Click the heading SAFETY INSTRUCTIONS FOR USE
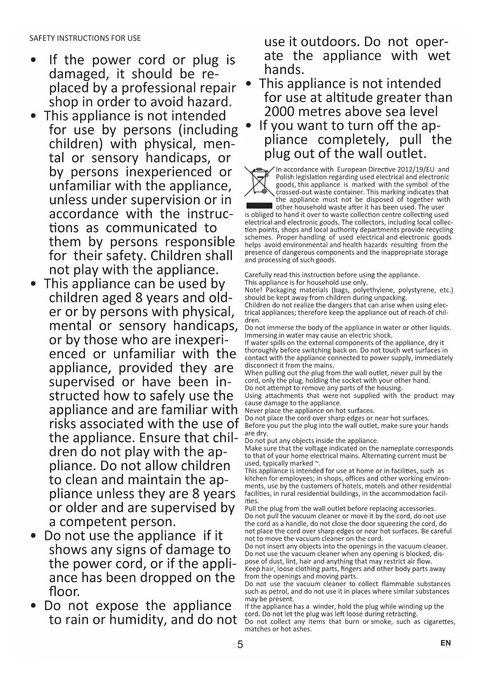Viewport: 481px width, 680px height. [x=85, y=38]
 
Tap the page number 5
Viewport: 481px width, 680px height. [x=240, y=644]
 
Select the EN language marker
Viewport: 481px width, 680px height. [x=446, y=643]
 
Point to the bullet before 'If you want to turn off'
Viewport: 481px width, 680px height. [x=249, y=125]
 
